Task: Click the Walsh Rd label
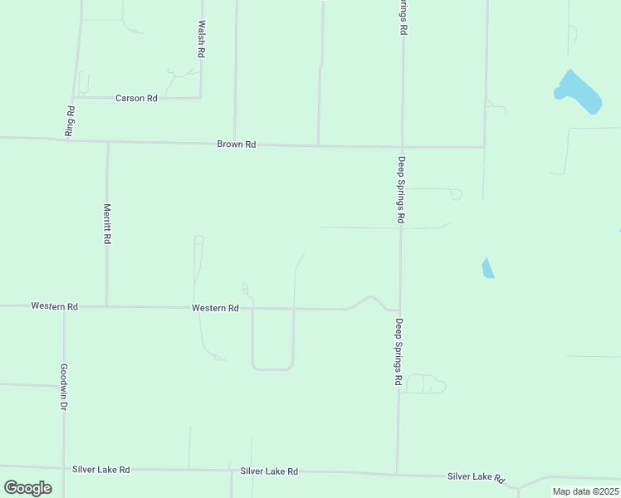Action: pos(201,39)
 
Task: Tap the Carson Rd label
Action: pos(136,98)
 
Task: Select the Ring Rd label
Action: pos(71,121)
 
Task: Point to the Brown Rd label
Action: pos(237,144)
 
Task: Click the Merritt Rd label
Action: pos(107,223)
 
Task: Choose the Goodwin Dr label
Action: pos(63,388)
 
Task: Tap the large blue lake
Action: pos(578,92)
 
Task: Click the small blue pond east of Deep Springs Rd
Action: pos(488,268)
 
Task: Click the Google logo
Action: pos(27,488)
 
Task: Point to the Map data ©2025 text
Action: pos(585,491)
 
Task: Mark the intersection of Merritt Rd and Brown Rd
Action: pos(107,142)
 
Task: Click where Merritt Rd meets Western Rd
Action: pos(106,306)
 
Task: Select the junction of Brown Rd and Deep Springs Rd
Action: pos(402,147)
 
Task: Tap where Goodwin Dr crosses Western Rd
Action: pos(64,306)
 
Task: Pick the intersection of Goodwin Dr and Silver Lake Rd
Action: pos(64,469)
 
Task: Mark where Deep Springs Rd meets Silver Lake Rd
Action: pos(397,473)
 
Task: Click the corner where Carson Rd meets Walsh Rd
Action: pos(201,98)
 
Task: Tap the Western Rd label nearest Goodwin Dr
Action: pos(55,306)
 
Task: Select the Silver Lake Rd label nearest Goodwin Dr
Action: pos(101,470)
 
